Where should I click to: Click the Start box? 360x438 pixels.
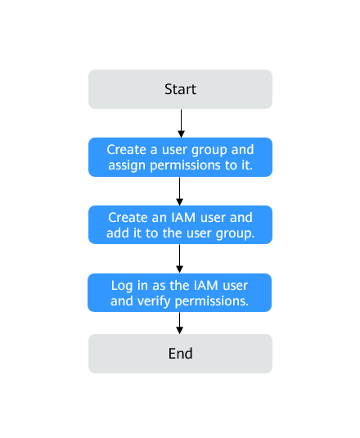pyautogui.click(x=180, y=89)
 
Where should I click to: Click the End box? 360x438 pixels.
pyautogui.click(x=180, y=354)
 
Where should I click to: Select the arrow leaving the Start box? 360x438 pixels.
pyautogui.click(x=182, y=123)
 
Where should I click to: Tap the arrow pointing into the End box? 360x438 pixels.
pyautogui.click(x=180, y=323)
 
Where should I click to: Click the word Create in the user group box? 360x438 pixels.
pyautogui.click(x=127, y=150)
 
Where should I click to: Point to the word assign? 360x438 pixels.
pyautogui.click(x=127, y=165)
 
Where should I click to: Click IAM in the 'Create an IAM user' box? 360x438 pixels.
pyautogui.click(x=183, y=217)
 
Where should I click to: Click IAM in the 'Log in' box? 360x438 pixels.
pyautogui.click(x=205, y=286)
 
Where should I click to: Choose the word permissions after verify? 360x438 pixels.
pyautogui.click(x=212, y=301)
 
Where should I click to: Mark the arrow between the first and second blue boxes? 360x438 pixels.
pyautogui.click(x=180, y=191)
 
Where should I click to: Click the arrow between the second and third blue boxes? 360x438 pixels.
pyautogui.click(x=180, y=259)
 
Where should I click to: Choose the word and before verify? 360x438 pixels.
pyautogui.click(x=122, y=301)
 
